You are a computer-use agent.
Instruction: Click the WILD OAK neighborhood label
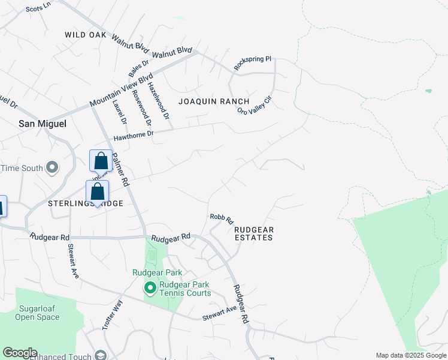(86, 35)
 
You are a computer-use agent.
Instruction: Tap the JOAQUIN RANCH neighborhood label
(214, 101)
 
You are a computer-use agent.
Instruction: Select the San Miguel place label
(43, 124)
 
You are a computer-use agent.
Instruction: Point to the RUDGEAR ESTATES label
(253, 233)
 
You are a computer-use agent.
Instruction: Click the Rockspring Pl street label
(253, 64)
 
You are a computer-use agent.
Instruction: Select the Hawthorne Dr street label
(134, 136)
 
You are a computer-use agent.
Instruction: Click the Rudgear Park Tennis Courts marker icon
(150, 289)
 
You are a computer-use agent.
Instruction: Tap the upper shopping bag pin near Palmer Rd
(101, 161)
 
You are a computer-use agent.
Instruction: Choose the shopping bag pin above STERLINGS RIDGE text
(97, 192)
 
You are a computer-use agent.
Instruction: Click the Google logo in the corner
(20, 353)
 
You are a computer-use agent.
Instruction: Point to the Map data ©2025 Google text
(410, 355)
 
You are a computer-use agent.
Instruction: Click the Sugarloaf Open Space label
(33, 313)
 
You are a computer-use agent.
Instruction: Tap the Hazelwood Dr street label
(159, 99)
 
